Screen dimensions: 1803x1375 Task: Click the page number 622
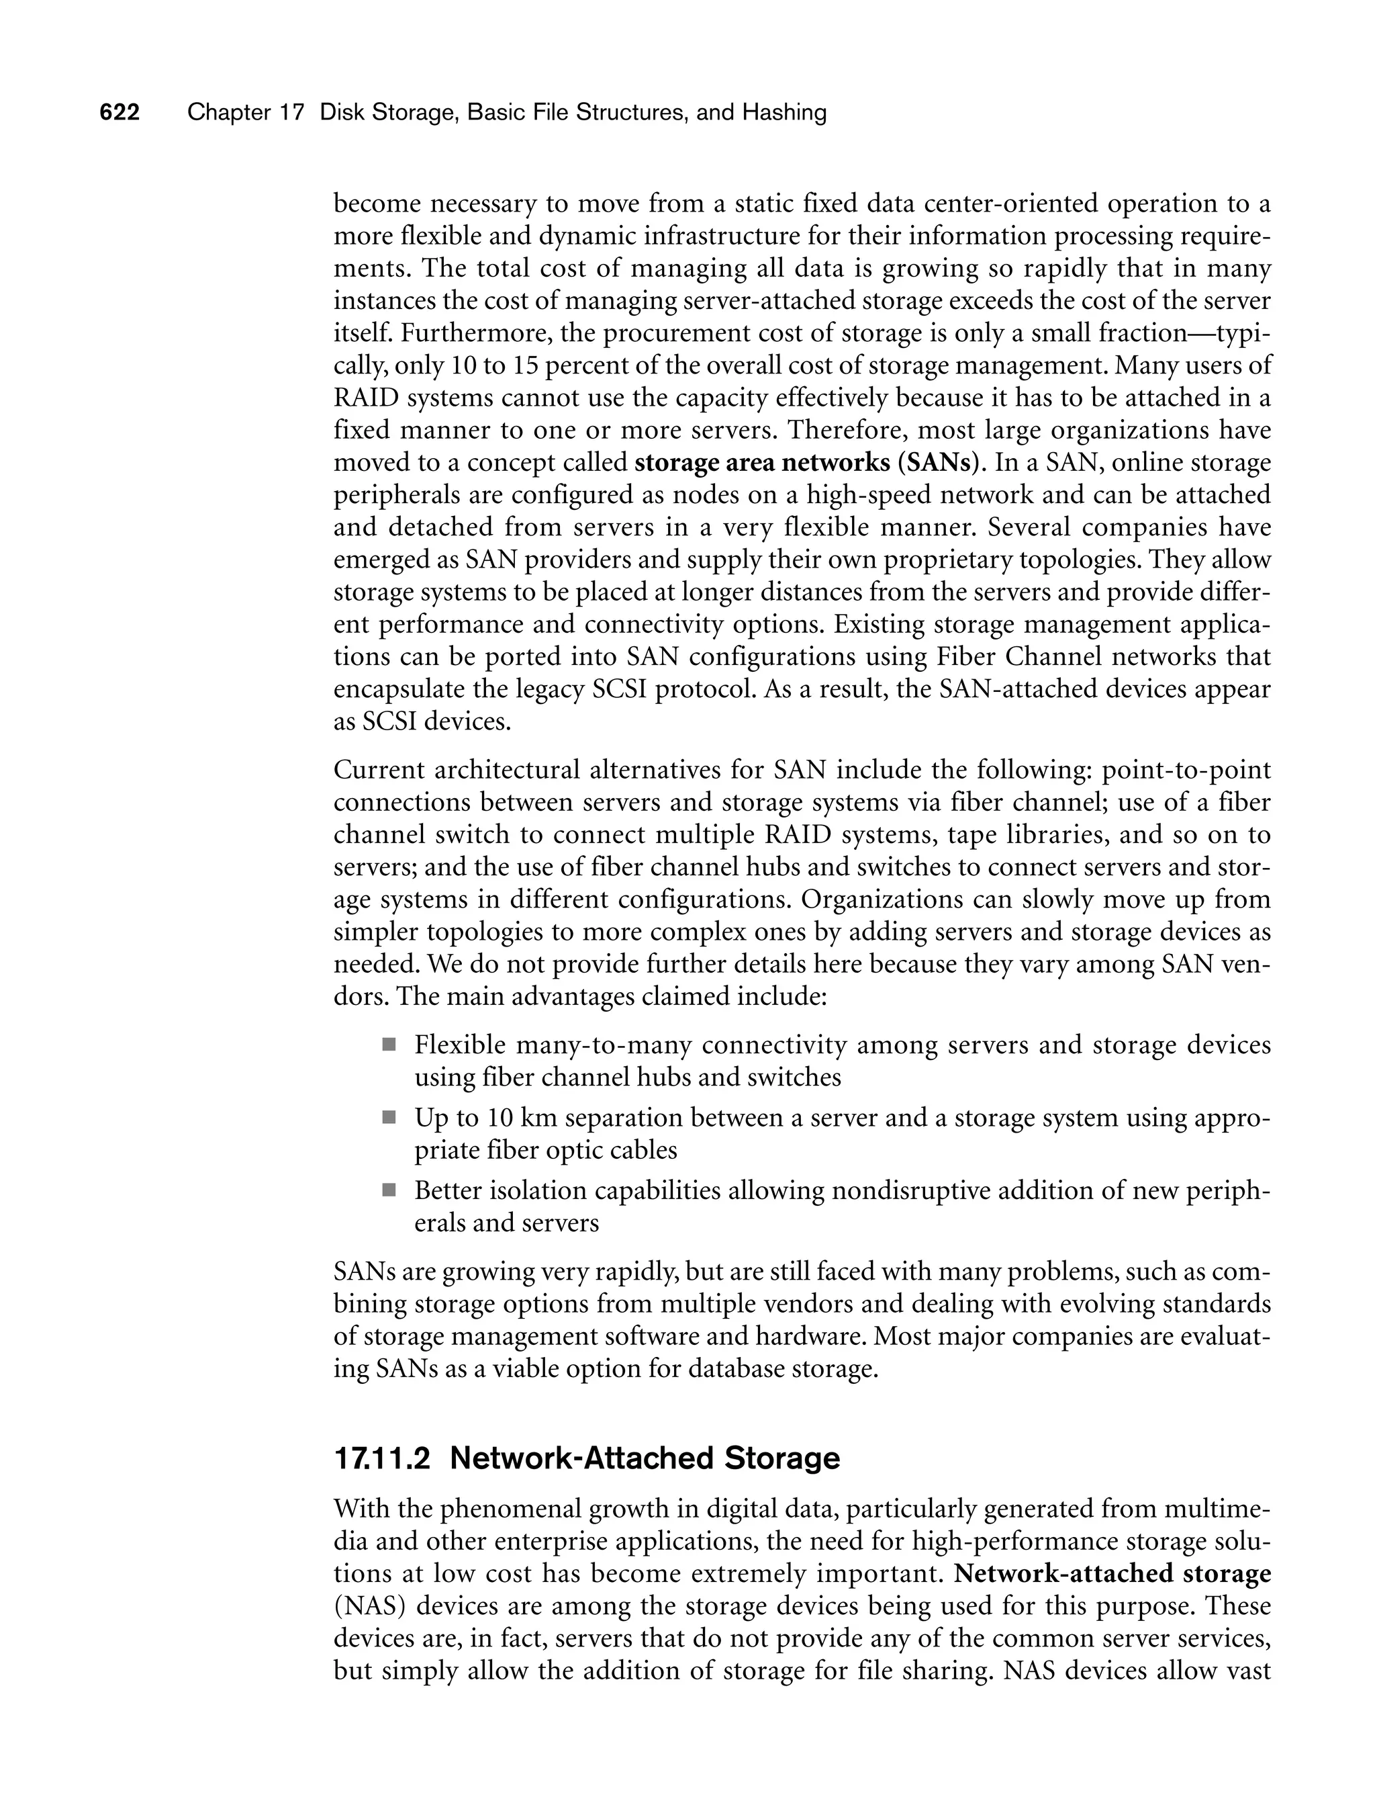[120, 113]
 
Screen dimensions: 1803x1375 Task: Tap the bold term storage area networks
[762, 463]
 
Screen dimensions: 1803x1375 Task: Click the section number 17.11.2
[382, 1458]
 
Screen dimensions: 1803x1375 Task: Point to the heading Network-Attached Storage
[645, 1458]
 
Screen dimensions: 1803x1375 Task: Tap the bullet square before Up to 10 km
[389, 1118]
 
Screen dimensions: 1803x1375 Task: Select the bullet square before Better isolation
[389, 1190]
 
